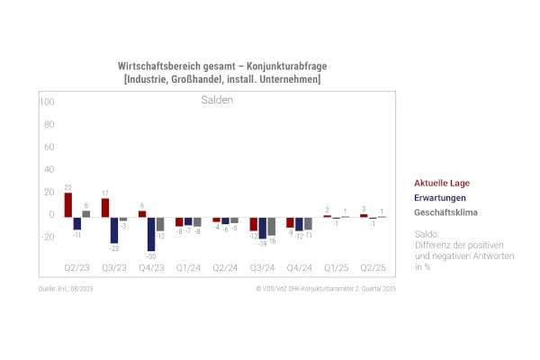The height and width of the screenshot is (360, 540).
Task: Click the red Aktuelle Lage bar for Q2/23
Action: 68,205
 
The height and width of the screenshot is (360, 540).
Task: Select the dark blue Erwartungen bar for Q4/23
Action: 151,234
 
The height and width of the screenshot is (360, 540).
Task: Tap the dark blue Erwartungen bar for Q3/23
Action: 114,229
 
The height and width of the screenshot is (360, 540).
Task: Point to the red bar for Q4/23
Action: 142,214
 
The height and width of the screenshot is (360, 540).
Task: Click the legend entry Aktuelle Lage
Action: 442,183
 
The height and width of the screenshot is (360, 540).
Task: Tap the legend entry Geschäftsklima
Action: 445,212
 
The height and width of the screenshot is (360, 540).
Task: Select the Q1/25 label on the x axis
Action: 336,268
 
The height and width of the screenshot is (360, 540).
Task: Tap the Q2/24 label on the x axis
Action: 225,268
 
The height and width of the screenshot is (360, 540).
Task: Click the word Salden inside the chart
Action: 216,100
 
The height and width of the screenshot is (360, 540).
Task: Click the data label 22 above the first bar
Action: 68,187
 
